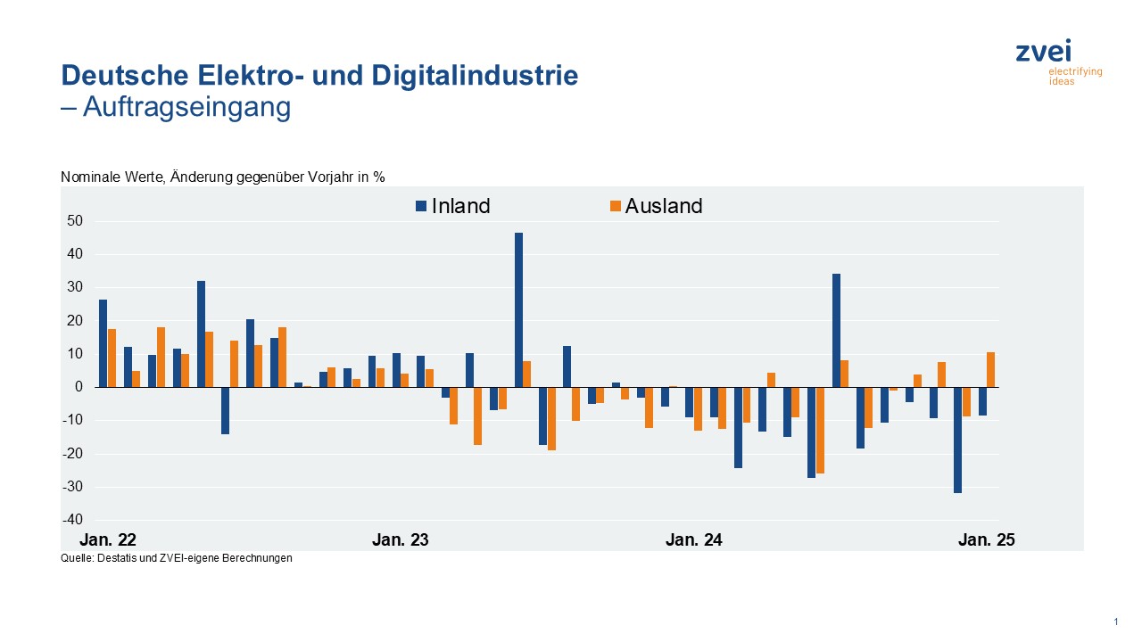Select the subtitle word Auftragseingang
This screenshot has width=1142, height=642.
click(186, 107)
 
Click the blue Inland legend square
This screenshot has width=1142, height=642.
click(420, 207)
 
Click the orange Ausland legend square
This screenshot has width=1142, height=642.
click(614, 207)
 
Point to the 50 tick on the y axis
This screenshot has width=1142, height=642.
click(75, 221)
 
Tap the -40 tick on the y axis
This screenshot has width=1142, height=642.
click(72, 520)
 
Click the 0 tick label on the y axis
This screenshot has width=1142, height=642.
click(79, 387)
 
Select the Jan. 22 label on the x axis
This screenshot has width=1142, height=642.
click(108, 539)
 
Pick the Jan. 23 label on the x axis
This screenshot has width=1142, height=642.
click(401, 539)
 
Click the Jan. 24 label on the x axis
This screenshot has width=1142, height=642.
click(694, 539)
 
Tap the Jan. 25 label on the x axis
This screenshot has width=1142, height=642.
click(986, 539)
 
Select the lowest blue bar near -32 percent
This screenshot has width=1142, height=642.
click(957, 440)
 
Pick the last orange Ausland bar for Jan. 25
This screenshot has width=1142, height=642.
click(990, 369)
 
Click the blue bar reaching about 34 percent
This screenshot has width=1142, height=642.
click(836, 330)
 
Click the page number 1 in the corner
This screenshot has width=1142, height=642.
click(1116, 621)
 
